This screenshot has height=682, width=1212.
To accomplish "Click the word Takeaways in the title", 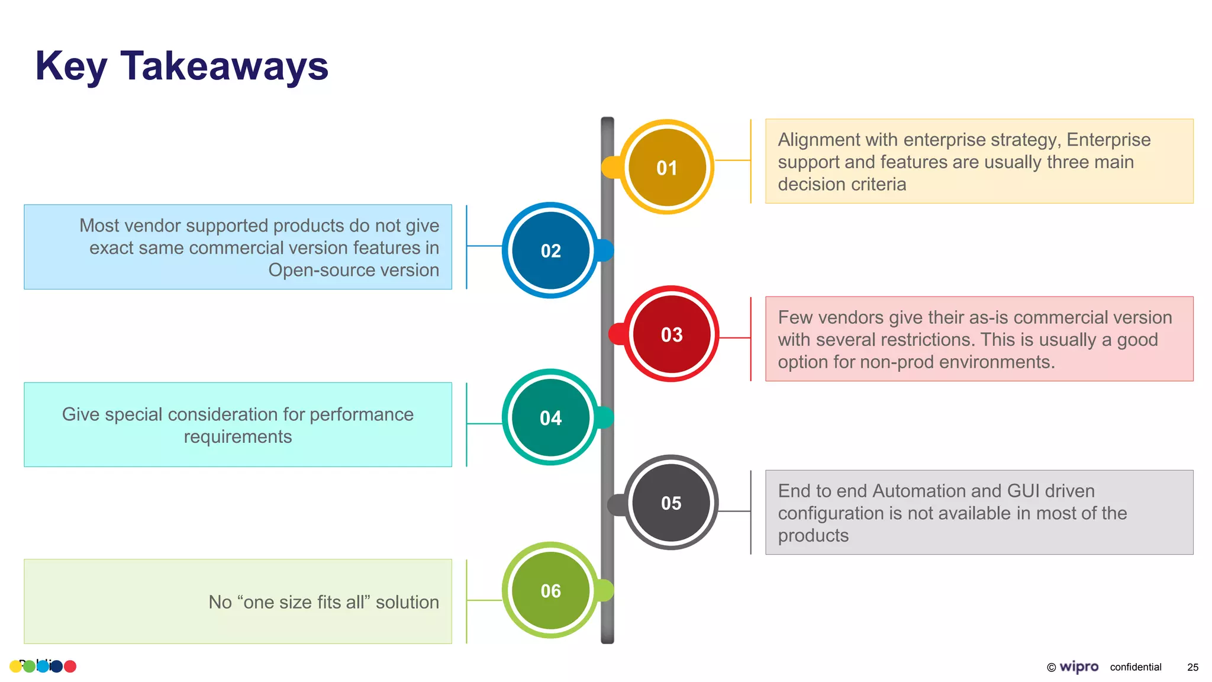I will tap(224, 66).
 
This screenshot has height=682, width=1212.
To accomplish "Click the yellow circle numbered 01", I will tap(667, 168).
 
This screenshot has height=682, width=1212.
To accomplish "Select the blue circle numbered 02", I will tap(550, 250).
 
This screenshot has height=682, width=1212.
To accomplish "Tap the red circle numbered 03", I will tap(672, 334).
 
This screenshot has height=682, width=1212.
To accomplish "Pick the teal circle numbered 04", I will tap(550, 418).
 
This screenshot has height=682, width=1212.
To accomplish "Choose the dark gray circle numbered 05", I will tap(671, 503).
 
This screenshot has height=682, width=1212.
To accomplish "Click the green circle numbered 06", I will tap(550, 590).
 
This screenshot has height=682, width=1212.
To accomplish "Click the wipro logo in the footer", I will tap(1078, 667).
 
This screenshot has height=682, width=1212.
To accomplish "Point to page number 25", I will tap(1192, 667).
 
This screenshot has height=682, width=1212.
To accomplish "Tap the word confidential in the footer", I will tap(1135, 667).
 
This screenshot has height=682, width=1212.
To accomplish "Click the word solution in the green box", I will tap(407, 602).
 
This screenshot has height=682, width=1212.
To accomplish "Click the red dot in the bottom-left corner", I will tap(70, 667).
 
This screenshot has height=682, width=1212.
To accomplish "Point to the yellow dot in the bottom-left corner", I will tap(15, 667).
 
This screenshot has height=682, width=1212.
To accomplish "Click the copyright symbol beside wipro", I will tap(1051, 668).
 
